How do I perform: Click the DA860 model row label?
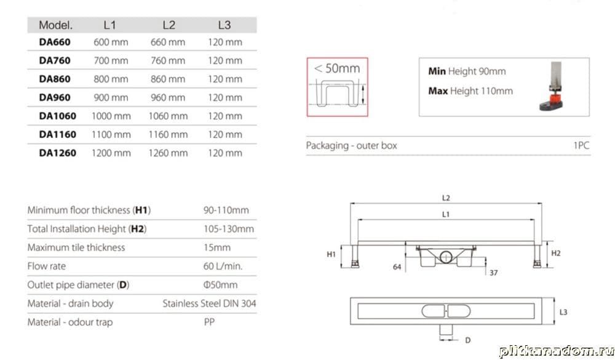tap(55, 79)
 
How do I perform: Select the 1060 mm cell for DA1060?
tap(168, 116)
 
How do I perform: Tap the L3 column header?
tap(224, 25)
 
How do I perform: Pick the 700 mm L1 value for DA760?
tap(111, 60)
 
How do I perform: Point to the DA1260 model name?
tap(58, 153)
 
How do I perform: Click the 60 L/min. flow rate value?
tap(223, 266)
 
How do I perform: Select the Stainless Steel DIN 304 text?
tap(210, 303)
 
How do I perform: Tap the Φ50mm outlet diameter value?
tap(220, 285)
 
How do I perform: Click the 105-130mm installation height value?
tap(229, 229)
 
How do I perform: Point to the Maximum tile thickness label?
tap(76, 248)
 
